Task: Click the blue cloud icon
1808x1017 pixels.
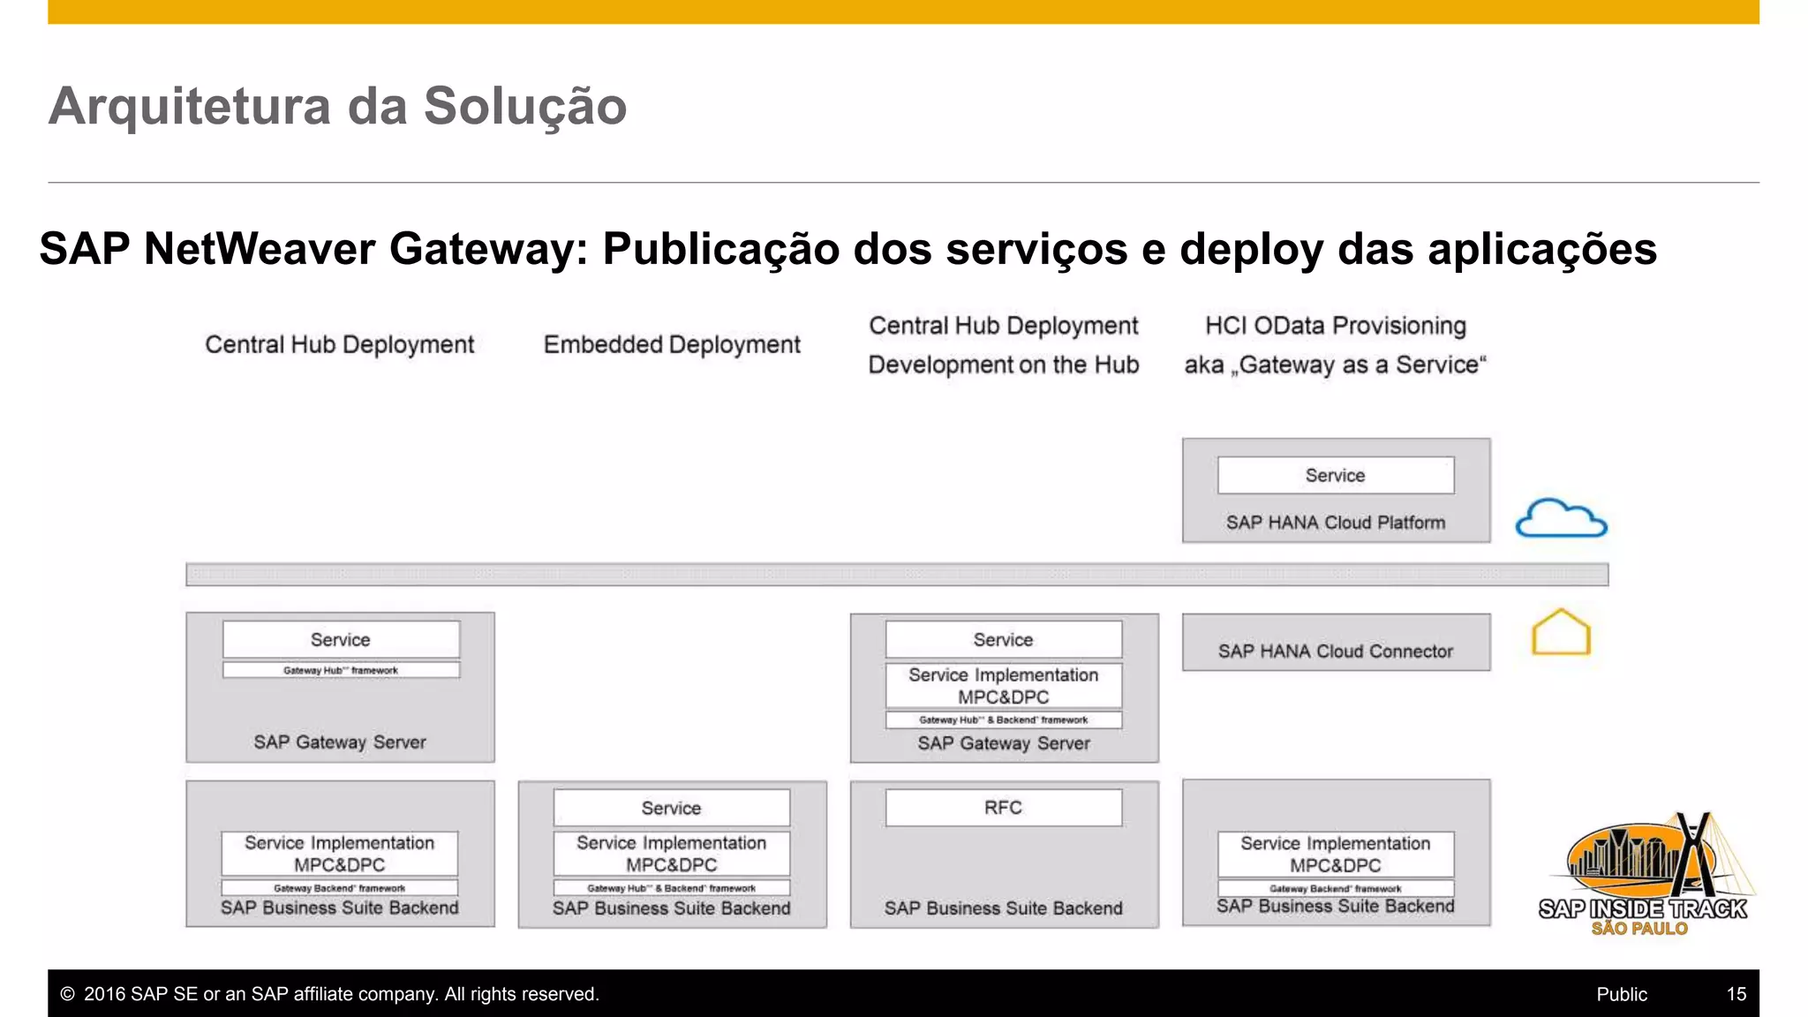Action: click(1561, 519)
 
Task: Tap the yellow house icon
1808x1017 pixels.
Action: click(1561, 633)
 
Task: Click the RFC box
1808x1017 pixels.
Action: click(1004, 808)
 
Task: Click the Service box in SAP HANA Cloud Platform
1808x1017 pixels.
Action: click(1336, 476)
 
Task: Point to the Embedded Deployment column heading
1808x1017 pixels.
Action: click(672, 344)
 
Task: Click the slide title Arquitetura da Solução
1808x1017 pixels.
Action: click(337, 106)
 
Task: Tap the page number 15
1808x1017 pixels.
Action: click(1736, 994)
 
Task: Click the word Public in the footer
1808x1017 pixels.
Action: click(1622, 994)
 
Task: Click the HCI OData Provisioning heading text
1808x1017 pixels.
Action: click(1336, 326)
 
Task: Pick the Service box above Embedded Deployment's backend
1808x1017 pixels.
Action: click(672, 808)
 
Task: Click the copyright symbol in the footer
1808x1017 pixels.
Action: click(67, 994)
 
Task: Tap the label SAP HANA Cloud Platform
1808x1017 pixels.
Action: click(1336, 523)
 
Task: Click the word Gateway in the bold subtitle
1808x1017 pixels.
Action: click(482, 249)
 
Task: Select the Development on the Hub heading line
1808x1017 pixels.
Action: click(1004, 365)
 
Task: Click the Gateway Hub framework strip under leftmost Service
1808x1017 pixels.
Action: click(341, 671)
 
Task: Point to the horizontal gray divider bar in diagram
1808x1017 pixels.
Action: click(897, 575)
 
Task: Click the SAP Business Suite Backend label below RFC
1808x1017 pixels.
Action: click(1004, 908)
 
